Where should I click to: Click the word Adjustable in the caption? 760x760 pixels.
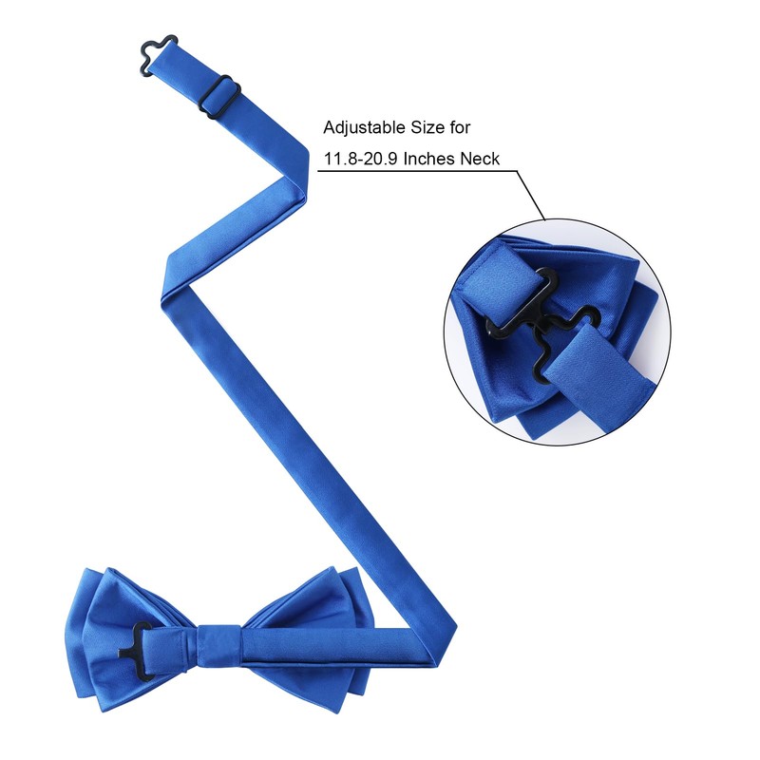pyautogui.click(x=365, y=128)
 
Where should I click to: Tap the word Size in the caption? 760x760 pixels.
pyautogui.click(x=428, y=127)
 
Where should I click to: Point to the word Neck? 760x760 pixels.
pyautogui.click(x=480, y=159)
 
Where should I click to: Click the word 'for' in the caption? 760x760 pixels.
pyautogui.click(x=461, y=127)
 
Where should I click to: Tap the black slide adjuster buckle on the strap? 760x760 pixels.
pyautogui.click(x=219, y=97)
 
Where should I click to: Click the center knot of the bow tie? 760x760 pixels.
pyautogui.click(x=218, y=646)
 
